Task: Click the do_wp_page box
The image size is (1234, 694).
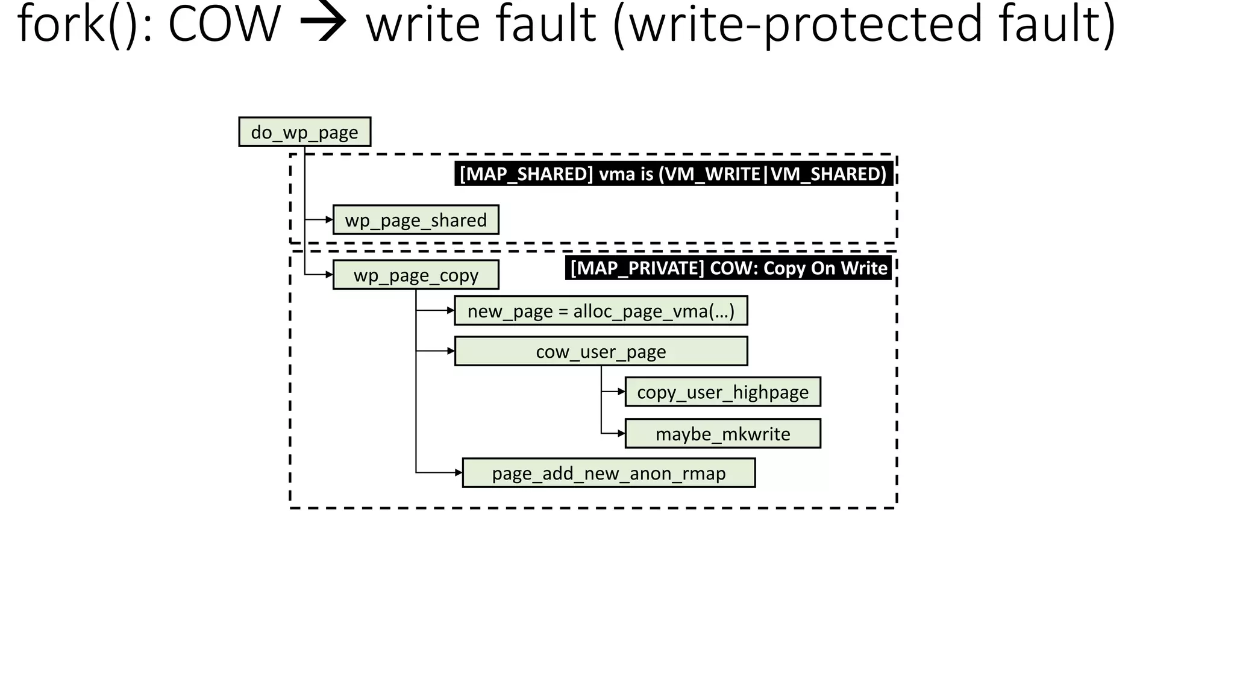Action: [x=304, y=132]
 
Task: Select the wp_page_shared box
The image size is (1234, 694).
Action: [x=416, y=220]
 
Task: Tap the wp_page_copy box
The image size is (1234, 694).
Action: [x=416, y=275]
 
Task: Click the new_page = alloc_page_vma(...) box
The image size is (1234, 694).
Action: [x=601, y=311]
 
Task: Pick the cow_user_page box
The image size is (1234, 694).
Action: [x=601, y=351]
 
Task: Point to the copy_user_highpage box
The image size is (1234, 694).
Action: [x=722, y=392]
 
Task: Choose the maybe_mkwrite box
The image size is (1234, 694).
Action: [x=722, y=434]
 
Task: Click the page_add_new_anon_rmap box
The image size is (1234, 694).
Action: [x=609, y=473]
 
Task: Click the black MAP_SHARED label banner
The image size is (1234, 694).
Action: [x=673, y=174]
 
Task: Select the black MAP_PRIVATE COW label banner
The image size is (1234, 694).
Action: [x=728, y=268]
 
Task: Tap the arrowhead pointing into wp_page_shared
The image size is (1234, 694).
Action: [x=329, y=220]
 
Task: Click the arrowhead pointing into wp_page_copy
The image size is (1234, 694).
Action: [x=329, y=275]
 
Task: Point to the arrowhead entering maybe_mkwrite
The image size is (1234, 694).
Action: [x=621, y=433]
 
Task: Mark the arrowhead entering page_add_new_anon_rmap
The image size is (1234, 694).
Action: [x=459, y=473]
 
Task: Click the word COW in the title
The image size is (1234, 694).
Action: [x=224, y=24]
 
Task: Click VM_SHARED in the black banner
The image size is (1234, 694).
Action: [x=828, y=174]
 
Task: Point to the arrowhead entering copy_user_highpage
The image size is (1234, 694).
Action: [x=621, y=392]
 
